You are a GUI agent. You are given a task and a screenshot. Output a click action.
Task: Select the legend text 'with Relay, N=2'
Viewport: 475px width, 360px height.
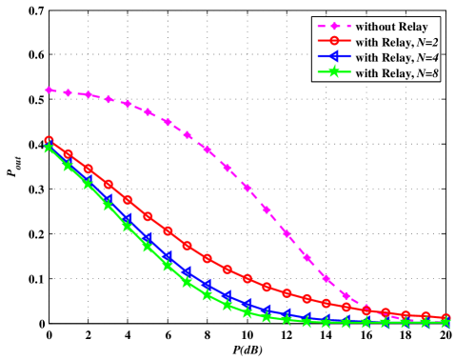(397, 42)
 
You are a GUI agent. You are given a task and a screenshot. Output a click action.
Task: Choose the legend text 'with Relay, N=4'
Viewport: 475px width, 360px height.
(397, 57)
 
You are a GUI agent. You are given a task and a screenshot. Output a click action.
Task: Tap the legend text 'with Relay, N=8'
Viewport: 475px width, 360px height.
(397, 73)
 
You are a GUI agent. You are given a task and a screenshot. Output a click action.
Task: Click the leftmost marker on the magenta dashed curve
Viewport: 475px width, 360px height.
(49, 90)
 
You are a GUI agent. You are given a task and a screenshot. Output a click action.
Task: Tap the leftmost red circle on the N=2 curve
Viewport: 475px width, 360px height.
(49, 141)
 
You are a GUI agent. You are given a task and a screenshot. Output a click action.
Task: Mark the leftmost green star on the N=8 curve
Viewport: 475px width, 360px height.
(49, 148)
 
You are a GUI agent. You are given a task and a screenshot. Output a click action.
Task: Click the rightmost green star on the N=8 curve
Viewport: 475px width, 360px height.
(445, 323)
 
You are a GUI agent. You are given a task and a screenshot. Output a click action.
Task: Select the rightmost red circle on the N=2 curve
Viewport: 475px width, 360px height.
(445, 317)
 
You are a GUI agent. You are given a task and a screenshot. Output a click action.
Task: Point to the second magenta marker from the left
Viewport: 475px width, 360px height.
(69, 92)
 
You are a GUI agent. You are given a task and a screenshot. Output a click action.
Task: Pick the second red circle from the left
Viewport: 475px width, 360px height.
(69, 153)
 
